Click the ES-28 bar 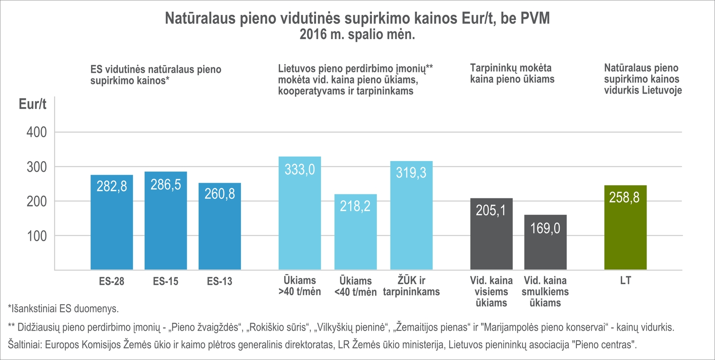pyautogui.click(x=112, y=225)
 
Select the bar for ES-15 pyautogui.click(x=166, y=225)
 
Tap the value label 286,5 pyautogui.click(x=166, y=184)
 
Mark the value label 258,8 pyautogui.click(x=624, y=197)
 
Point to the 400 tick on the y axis pyautogui.click(x=37, y=132)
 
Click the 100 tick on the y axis pyautogui.click(x=37, y=236)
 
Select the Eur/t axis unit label pyautogui.click(x=32, y=104)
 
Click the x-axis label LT pyautogui.click(x=625, y=281)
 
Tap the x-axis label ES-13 pyautogui.click(x=220, y=281)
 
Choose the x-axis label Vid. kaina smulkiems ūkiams pyautogui.click(x=545, y=292)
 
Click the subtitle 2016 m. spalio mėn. pyautogui.click(x=357, y=35)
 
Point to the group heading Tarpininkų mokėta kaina pyautogui.click(x=512, y=74)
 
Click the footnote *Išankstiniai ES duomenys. pyautogui.click(x=63, y=309)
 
